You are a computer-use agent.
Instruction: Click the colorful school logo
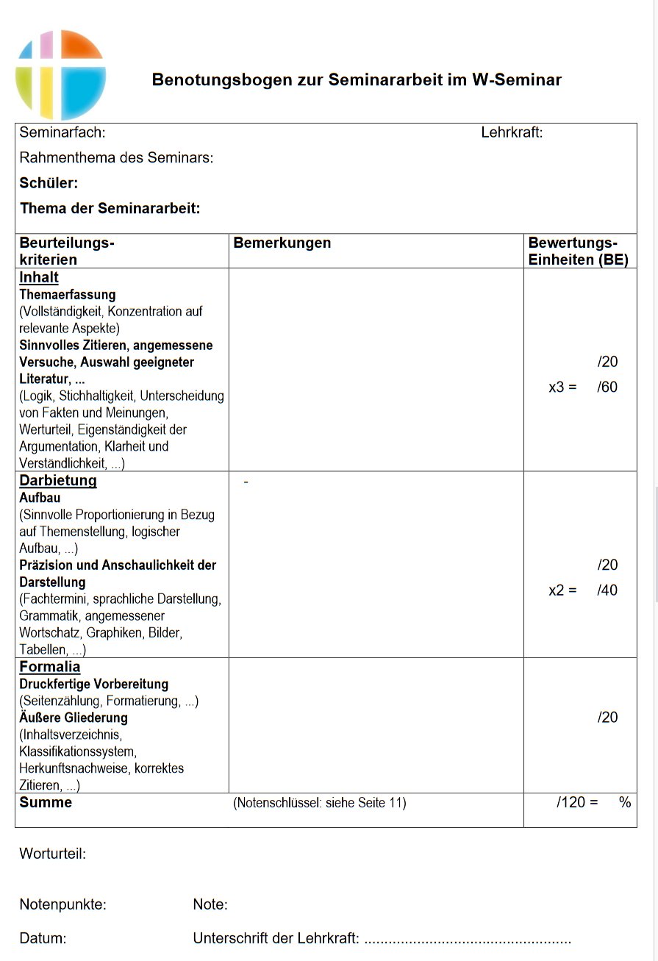pyautogui.click(x=61, y=75)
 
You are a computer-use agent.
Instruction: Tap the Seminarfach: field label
pyautogui.click(x=62, y=133)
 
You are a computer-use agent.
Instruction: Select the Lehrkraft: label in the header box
pyautogui.click(x=512, y=133)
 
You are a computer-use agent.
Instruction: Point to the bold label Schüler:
pyautogui.click(x=49, y=183)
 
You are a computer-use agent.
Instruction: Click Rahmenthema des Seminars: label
pyautogui.click(x=116, y=158)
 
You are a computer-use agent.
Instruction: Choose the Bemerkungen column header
pyautogui.click(x=282, y=243)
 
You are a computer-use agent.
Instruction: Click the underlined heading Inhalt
pyautogui.click(x=39, y=278)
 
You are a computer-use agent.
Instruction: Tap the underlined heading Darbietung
pyautogui.click(x=58, y=481)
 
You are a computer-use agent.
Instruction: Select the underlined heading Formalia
pyautogui.click(x=50, y=668)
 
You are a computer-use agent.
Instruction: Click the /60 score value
pyautogui.click(x=607, y=387)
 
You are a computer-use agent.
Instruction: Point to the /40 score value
pyautogui.click(x=607, y=590)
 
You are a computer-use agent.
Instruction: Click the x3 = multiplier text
pyautogui.click(x=562, y=387)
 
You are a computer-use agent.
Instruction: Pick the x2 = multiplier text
pyautogui.click(x=562, y=590)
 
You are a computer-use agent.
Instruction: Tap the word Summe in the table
pyautogui.click(x=46, y=803)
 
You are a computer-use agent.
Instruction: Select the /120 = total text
pyautogui.click(x=578, y=803)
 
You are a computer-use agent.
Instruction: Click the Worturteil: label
pyautogui.click(x=53, y=854)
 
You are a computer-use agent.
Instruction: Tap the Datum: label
pyautogui.click(x=43, y=939)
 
